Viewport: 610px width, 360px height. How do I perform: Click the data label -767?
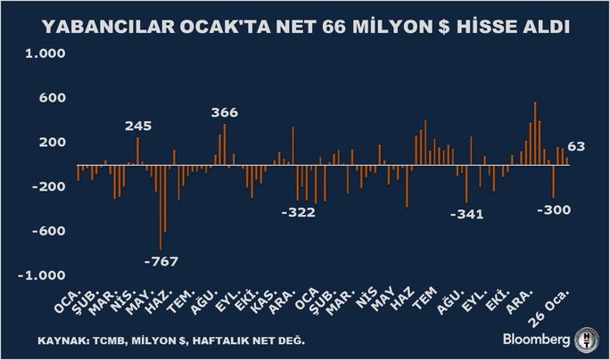click(161, 261)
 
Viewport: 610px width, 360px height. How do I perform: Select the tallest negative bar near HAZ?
click(161, 208)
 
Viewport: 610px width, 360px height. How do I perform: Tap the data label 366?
click(225, 113)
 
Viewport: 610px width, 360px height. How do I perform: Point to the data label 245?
click(138, 127)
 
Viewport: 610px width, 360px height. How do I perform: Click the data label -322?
click(299, 213)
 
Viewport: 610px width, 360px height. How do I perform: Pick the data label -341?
click(466, 214)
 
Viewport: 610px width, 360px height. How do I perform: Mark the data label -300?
click(554, 210)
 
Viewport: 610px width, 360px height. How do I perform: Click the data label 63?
click(576, 146)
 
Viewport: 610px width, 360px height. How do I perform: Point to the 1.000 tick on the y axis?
click(45, 53)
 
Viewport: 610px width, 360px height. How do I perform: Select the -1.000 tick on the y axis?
click(42, 275)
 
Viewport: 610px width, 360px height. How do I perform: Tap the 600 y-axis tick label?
click(52, 98)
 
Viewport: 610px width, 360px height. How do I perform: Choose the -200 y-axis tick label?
click(49, 186)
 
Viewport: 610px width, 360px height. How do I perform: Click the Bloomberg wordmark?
click(536, 340)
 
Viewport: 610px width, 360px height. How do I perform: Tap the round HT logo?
click(587, 340)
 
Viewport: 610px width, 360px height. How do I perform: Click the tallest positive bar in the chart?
click(535, 134)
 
